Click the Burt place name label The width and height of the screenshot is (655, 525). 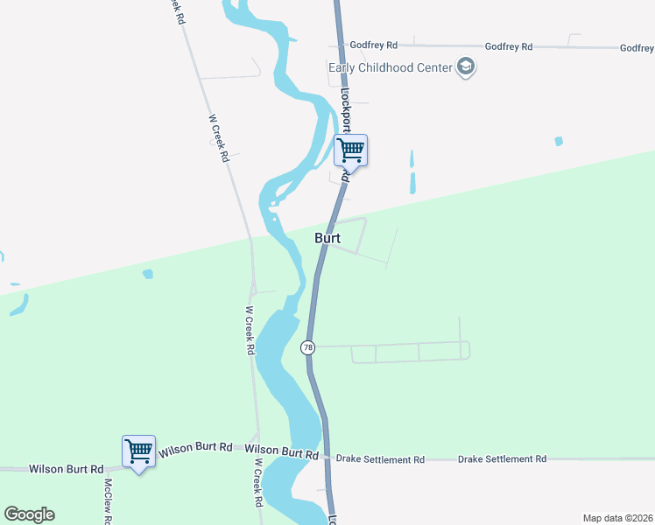click(x=327, y=237)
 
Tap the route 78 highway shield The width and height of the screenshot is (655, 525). click(x=307, y=347)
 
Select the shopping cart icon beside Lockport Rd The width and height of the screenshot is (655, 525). click(x=350, y=150)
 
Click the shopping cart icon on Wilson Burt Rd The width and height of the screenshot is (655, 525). click(x=138, y=451)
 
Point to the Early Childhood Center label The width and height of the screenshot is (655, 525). click(x=390, y=67)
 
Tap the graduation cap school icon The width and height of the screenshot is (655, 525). click(x=466, y=67)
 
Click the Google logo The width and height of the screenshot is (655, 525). click(x=29, y=514)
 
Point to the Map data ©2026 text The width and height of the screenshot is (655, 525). click(x=617, y=517)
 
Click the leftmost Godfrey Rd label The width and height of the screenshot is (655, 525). click(x=374, y=45)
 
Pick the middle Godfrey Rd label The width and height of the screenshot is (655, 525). click(x=509, y=46)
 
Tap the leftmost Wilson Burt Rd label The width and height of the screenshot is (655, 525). click(x=66, y=469)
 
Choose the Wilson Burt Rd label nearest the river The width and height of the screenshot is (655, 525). click(x=281, y=452)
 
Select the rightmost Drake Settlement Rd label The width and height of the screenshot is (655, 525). click(x=502, y=458)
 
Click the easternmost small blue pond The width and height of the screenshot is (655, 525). click(x=558, y=140)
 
